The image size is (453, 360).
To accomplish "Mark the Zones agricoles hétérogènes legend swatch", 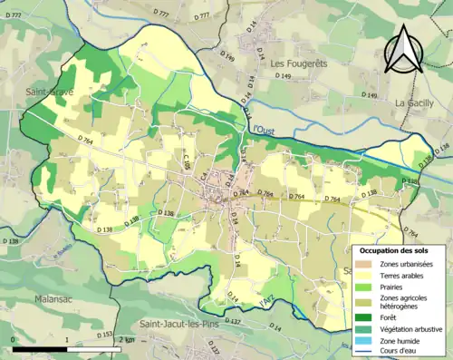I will tap(365, 302).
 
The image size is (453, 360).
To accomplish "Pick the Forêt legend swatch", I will tap(365, 318).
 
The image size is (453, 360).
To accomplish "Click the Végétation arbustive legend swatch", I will tap(365, 330).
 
